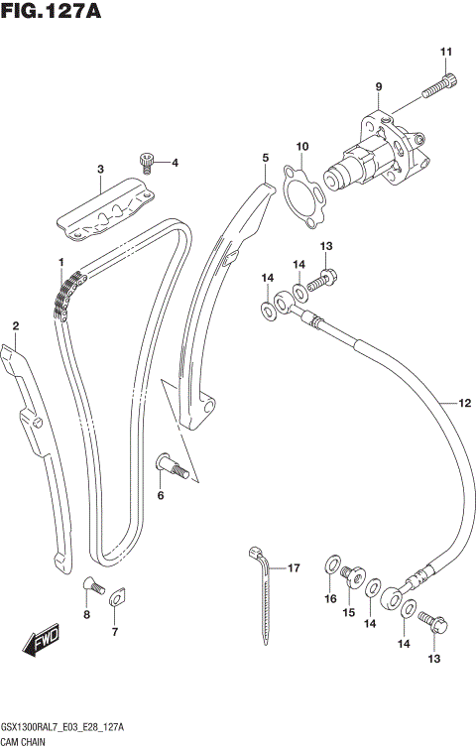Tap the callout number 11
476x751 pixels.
click(x=446, y=52)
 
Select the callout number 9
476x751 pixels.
click(x=378, y=88)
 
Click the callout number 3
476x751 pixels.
click(x=100, y=170)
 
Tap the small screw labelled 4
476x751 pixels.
click(x=148, y=159)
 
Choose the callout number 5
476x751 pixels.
click(x=266, y=157)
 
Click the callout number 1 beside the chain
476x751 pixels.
click(x=60, y=262)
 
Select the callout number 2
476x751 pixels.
click(x=15, y=325)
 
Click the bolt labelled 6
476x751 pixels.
click(x=172, y=463)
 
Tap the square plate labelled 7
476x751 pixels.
click(x=116, y=597)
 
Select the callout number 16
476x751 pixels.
click(x=330, y=599)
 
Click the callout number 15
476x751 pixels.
click(x=348, y=612)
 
